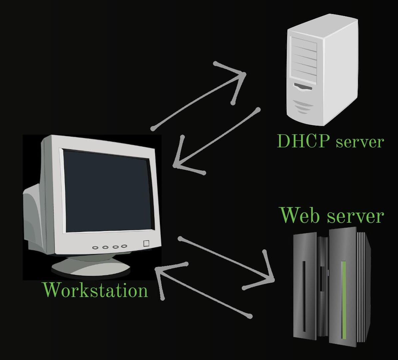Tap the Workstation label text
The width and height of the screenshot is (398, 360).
tap(95, 290)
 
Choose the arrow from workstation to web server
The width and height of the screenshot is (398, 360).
tap(226, 259)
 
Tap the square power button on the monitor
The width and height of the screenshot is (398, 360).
tap(146, 243)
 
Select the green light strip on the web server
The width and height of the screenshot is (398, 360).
tap(344, 300)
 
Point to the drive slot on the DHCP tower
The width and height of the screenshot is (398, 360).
tap(303, 88)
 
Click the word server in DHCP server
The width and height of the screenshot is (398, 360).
tap(359, 142)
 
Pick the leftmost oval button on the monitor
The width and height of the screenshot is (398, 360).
tap(96, 248)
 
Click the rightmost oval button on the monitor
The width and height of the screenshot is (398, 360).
tap(124, 246)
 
